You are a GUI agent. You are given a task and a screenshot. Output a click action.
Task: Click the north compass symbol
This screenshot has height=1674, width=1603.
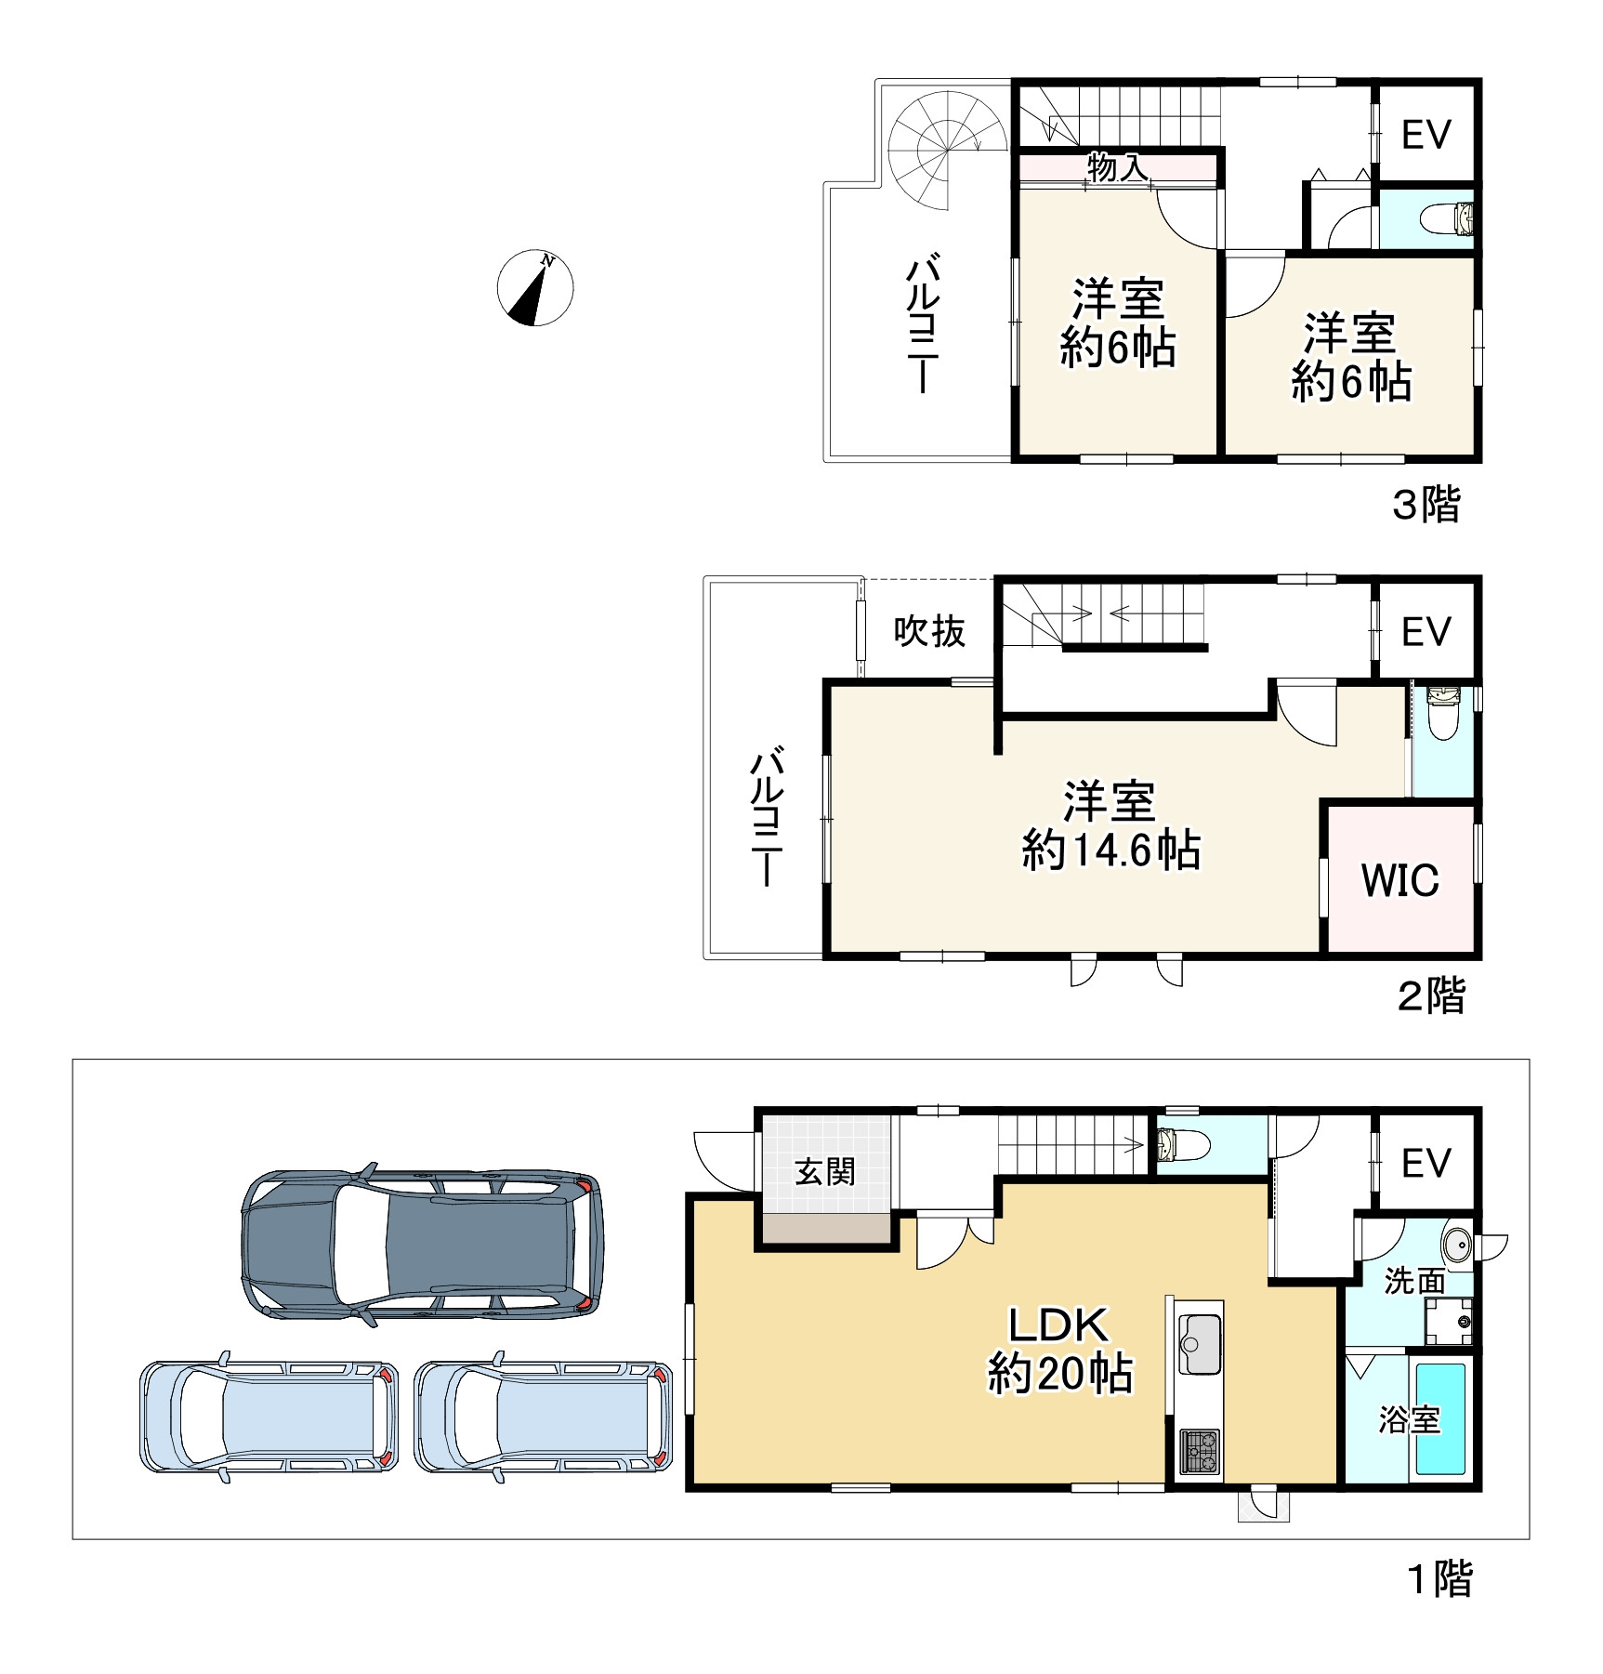(535, 288)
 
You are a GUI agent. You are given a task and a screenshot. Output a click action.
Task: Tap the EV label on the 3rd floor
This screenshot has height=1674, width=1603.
(1426, 135)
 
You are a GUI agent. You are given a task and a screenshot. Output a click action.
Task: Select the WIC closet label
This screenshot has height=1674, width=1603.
(1399, 879)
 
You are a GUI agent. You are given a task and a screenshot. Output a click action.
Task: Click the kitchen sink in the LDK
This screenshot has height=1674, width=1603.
(1199, 1343)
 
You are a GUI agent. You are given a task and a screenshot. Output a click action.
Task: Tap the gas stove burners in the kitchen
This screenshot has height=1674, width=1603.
(1199, 1453)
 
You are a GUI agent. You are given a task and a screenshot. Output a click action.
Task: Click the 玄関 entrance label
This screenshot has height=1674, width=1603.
(824, 1172)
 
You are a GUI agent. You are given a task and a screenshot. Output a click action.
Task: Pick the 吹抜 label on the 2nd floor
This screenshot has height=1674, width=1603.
(929, 631)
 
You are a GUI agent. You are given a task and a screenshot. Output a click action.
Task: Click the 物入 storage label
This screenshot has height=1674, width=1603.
(1117, 168)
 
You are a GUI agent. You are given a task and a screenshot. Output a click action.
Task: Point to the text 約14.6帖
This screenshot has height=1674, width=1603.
(1111, 850)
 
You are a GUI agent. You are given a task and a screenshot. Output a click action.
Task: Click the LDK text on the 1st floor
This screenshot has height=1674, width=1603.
(1059, 1325)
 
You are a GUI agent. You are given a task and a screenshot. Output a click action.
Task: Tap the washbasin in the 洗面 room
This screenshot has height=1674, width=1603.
(1456, 1243)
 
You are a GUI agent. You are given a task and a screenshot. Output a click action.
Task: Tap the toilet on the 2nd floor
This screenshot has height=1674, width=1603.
(1443, 713)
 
